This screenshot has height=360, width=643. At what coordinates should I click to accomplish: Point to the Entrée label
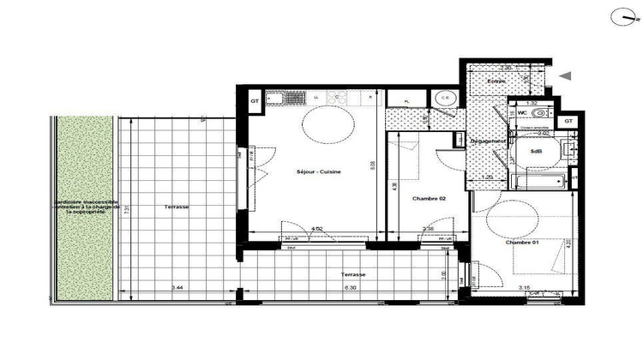(498, 81)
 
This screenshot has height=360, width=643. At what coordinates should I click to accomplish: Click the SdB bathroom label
(537, 152)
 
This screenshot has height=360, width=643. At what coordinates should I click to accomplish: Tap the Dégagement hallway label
(485, 141)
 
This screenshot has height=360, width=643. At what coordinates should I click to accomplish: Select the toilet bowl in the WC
(539, 112)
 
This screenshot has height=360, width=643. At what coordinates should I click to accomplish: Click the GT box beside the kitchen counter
(255, 101)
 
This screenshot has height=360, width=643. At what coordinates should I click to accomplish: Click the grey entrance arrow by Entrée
(565, 76)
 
